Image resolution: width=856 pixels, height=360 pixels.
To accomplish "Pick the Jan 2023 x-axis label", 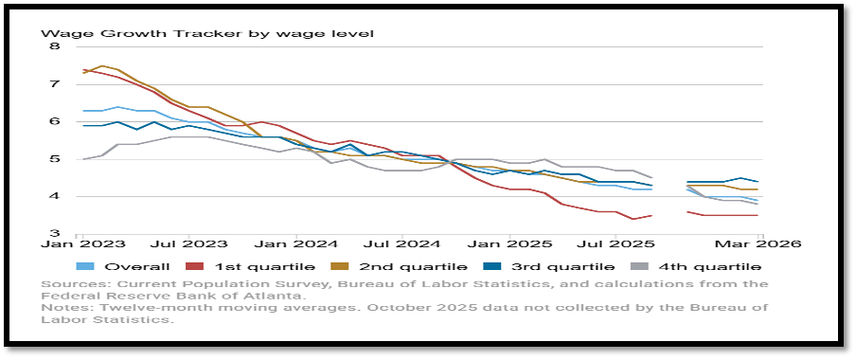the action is pyautogui.click(x=83, y=243).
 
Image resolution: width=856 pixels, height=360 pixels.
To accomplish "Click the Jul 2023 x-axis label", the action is pyautogui.click(x=188, y=243).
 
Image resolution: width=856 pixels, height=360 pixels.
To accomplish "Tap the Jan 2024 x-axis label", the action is pyautogui.click(x=295, y=243).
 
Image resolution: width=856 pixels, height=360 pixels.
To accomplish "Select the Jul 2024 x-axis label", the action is pyautogui.click(x=401, y=243).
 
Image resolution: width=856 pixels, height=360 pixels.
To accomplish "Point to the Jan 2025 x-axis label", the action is pyautogui.click(x=508, y=243).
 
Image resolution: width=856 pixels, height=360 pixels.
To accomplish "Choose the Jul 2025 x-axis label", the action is pyautogui.click(x=615, y=243).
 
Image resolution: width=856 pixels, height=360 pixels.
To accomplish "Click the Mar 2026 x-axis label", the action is pyautogui.click(x=758, y=243).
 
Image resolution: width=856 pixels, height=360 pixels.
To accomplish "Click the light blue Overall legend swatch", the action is pyautogui.click(x=87, y=267).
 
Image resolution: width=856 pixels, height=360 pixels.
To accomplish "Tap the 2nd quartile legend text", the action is pyautogui.click(x=413, y=267).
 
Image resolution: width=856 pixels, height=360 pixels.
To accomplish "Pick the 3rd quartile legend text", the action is pyautogui.click(x=561, y=267).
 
